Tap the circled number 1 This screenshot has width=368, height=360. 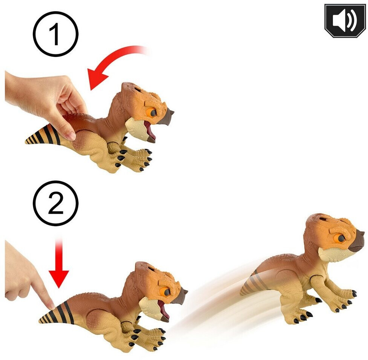point(56,34)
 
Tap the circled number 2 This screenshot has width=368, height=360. point(56,203)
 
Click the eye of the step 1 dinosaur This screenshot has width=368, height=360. point(153,113)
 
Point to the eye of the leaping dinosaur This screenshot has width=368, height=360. point(340,238)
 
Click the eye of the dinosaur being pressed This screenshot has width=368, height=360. point(166,292)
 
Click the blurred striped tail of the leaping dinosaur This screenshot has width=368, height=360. point(255,282)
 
